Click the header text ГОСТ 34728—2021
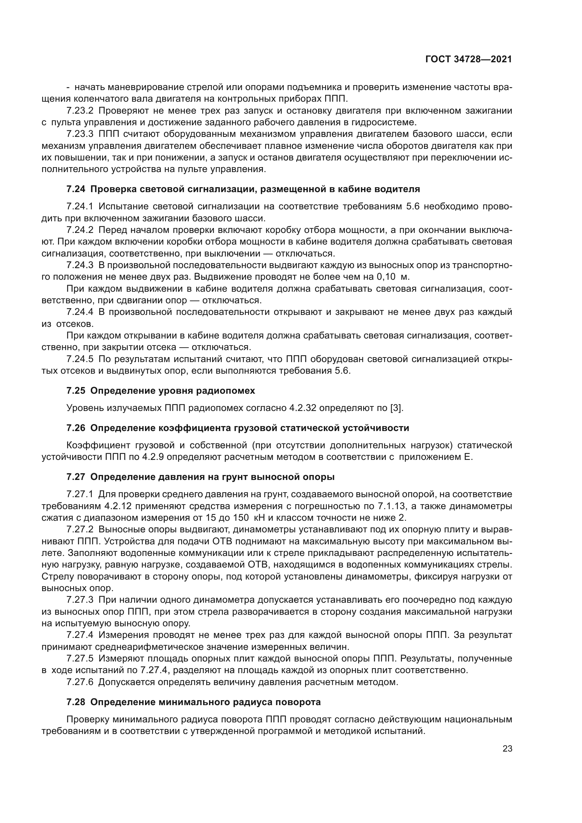468,59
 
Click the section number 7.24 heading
76,189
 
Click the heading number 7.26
76,428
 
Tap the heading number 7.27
76,477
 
